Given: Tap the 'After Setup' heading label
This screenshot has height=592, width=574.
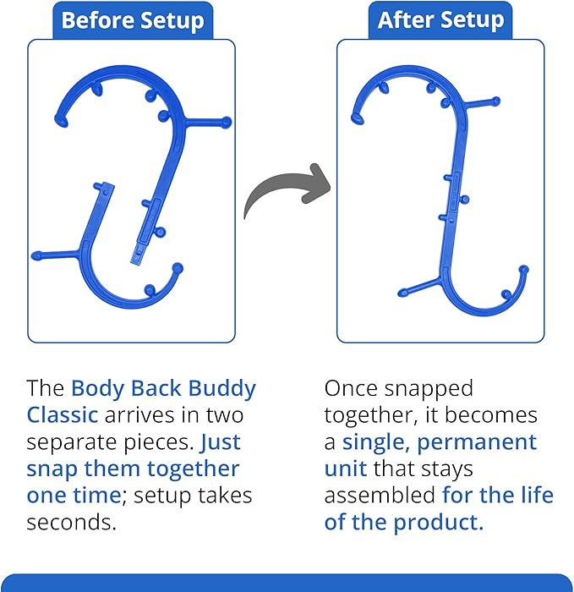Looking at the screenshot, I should coord(440,20).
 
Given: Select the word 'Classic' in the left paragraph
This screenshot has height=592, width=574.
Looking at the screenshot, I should coord(62,415).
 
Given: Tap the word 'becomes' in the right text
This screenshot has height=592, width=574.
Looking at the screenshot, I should coord(500,415).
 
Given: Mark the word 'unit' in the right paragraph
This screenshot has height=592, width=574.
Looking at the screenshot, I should coord(345,469).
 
